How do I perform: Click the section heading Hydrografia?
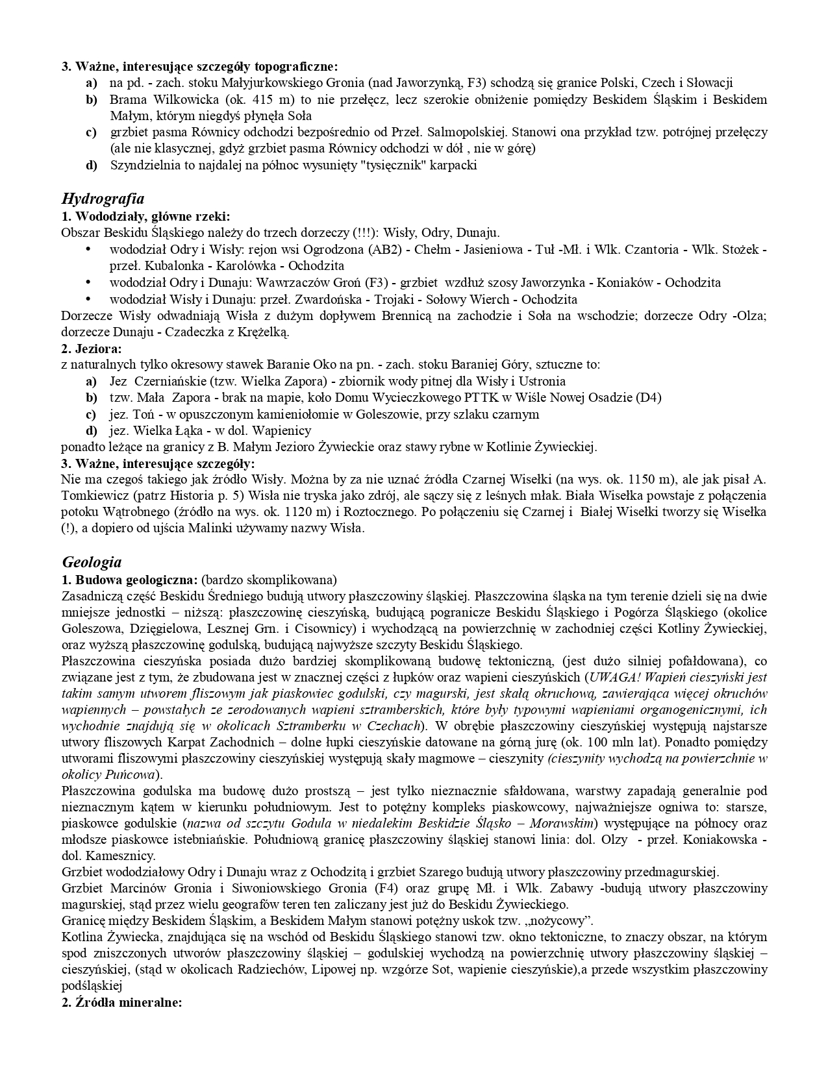pos(103,199)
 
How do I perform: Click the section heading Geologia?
pos(92,561)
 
